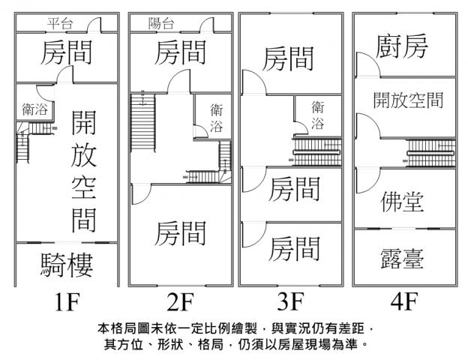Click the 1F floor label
coord(67,304)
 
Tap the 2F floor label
coord(180,304)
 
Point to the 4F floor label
coord(403,304)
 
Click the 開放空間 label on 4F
coord(406,100)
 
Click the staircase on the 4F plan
coord(431,154)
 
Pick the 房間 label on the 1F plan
coord(67,54)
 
